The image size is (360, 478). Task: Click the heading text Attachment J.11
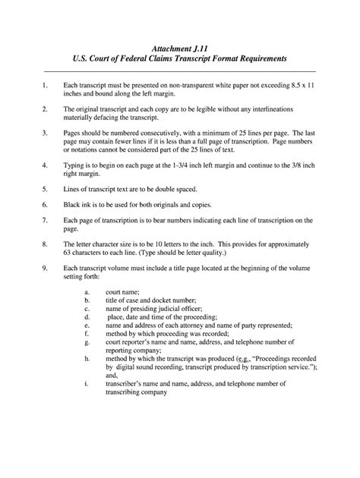[179, 45]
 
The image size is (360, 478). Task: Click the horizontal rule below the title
[180, 70]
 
